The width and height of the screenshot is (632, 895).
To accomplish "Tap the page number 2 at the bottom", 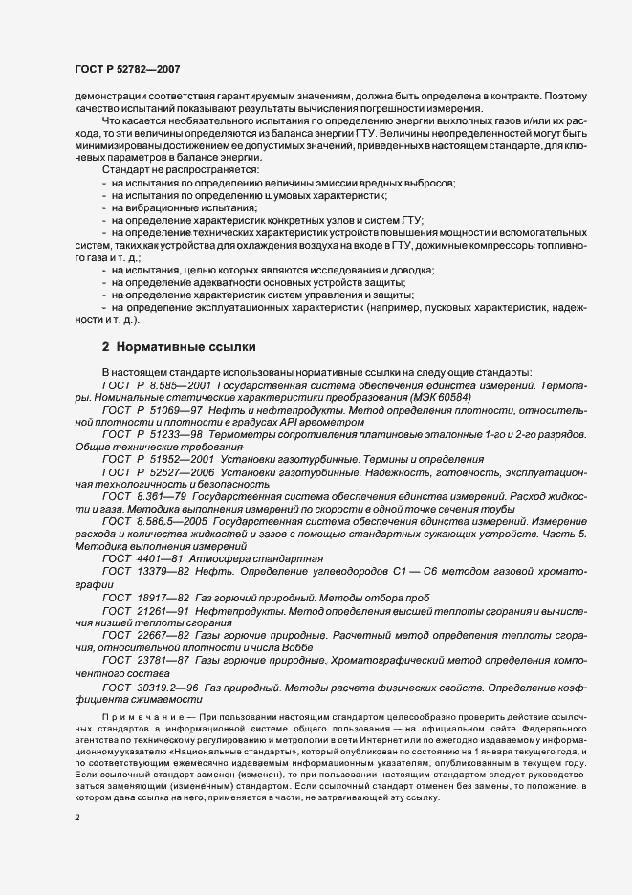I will pos(77,819).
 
